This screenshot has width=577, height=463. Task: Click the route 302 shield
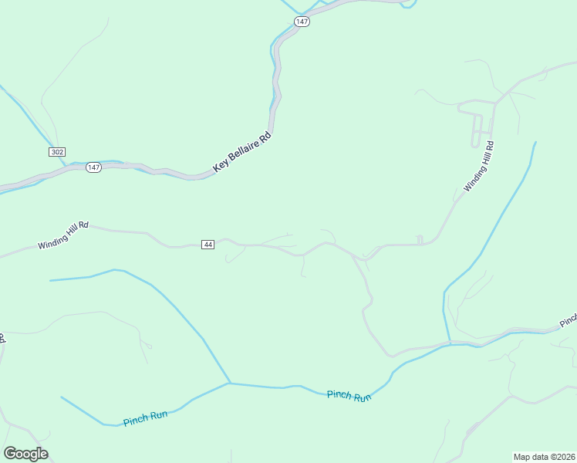56,152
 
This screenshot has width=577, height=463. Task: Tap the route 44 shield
208,245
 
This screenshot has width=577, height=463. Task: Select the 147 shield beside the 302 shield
93,167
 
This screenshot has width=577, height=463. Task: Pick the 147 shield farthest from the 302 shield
302,22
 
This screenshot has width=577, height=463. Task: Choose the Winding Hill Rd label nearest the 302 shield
63,235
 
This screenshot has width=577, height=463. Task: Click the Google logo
25,454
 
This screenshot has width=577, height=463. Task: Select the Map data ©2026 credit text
545,457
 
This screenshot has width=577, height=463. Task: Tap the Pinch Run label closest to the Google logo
145,418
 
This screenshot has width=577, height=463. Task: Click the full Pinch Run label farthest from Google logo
349,395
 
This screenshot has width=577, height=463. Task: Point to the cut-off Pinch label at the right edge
569,319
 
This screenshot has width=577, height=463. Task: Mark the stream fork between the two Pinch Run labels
230,383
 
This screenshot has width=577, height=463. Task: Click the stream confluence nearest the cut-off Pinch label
447,342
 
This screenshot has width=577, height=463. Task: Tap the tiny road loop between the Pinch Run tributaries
148,345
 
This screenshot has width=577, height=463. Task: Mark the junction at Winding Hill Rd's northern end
495,102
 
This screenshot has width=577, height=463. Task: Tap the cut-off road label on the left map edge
2,339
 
